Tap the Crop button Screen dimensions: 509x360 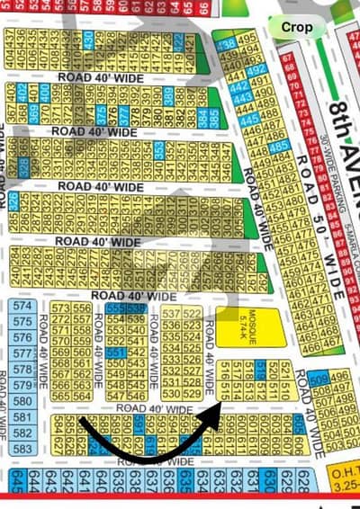(297, 27)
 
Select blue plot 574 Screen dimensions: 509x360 (24, 307)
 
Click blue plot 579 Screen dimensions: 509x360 (24, 386)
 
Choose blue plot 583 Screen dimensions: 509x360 (24, 448)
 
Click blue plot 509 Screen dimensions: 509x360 (317, 378)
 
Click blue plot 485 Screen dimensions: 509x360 (278, 147)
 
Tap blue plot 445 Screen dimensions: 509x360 (249, 118)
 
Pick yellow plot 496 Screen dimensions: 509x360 (339, 378)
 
